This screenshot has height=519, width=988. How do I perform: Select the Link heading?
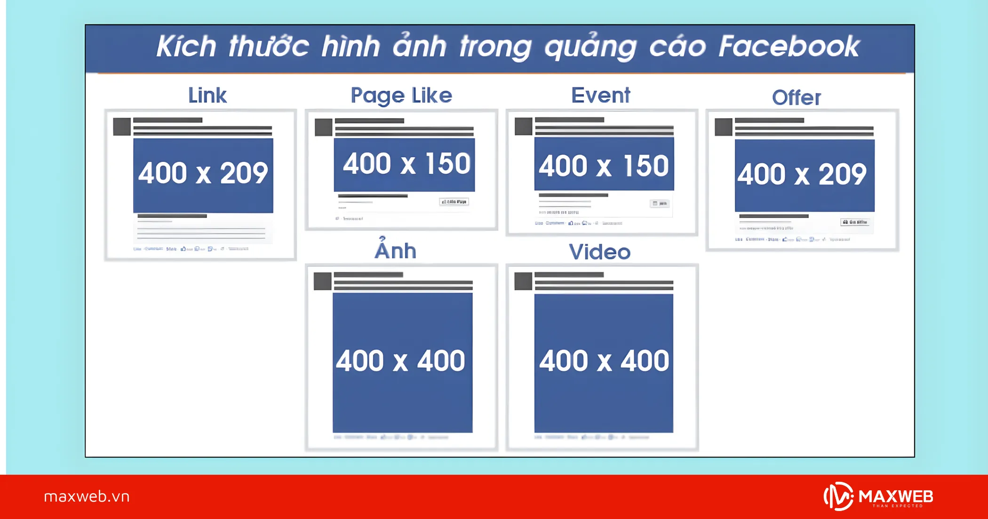(207, 96)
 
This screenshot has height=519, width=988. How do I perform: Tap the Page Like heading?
(401, 96)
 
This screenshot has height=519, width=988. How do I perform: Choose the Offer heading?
(797, 98)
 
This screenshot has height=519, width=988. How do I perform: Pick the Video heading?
(600, 252)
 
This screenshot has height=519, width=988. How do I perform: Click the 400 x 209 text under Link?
(203, 173)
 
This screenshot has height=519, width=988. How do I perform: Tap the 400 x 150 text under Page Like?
(406, 164)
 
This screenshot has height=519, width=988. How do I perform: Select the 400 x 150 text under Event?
(604, 166)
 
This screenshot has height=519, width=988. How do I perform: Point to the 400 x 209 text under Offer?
(802, 174)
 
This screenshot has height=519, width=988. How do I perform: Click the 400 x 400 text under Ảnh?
(400, 361)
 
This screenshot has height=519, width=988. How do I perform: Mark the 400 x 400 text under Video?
(604, 361)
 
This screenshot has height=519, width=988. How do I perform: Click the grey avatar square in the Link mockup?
(122, 127)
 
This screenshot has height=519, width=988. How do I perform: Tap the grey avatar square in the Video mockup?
(523, 281)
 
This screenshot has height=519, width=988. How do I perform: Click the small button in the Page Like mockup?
(454, 202)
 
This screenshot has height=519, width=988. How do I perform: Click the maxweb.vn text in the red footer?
(87, 496)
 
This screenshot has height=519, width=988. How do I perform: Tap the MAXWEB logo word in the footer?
(895, 496)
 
